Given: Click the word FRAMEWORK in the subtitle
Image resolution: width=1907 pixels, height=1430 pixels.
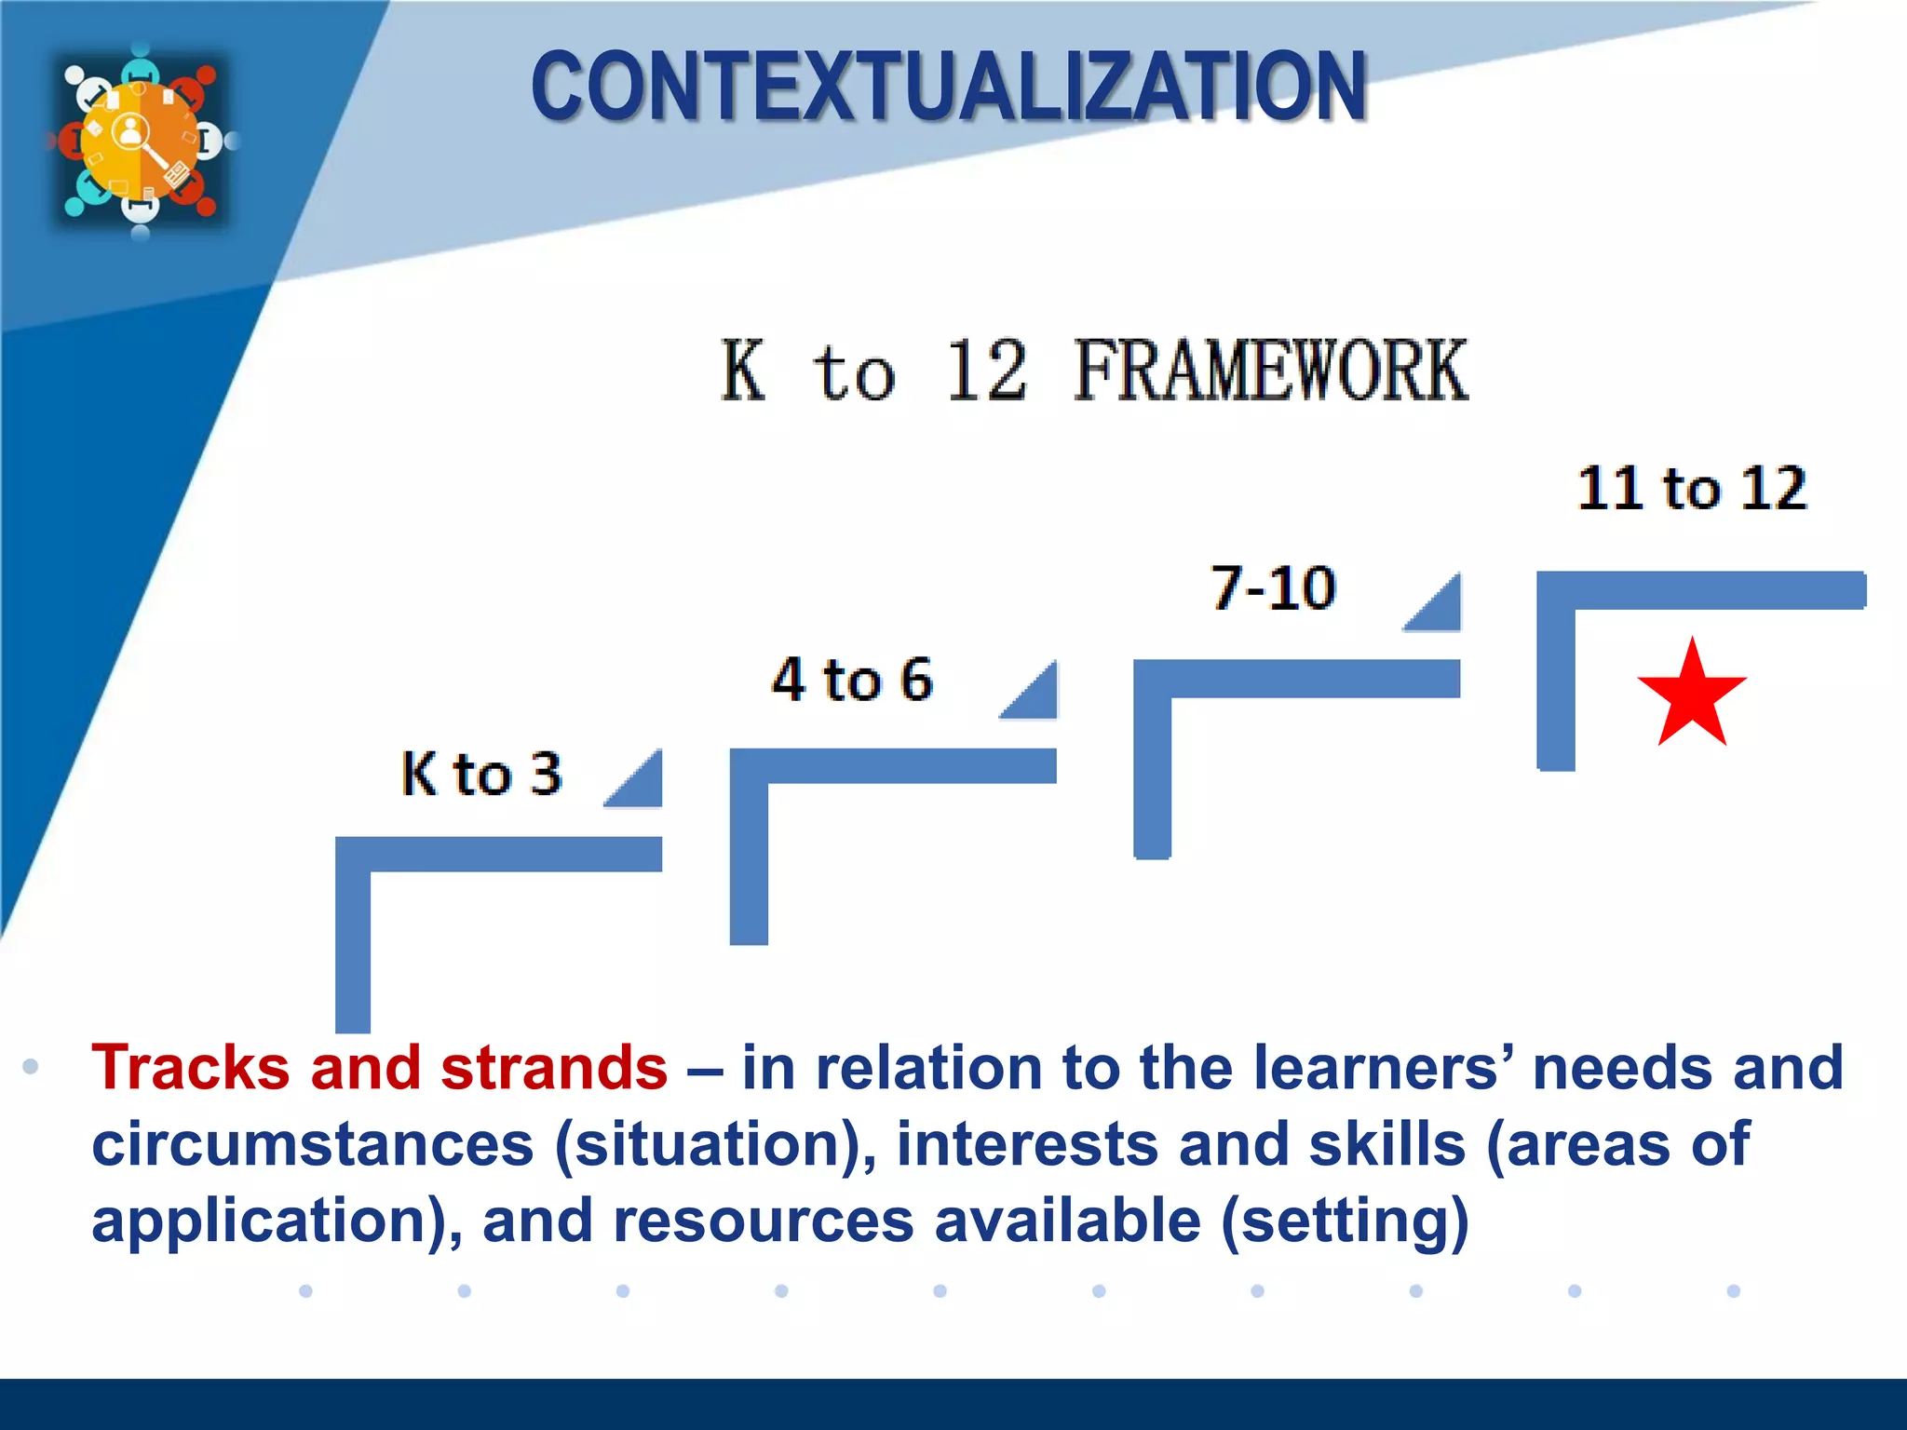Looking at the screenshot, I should tap(1270, 371).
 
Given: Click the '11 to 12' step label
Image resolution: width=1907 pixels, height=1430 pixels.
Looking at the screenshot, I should tap(1692, 488).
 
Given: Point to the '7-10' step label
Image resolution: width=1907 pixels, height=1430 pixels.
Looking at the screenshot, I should tap(1273, 588).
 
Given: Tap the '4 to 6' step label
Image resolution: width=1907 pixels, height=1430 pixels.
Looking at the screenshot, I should tap(852, 679).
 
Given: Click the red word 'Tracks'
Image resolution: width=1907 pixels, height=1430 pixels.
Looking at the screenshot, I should tap(191, 1067).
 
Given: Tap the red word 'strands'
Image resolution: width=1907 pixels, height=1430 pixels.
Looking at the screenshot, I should tap(554, 1067).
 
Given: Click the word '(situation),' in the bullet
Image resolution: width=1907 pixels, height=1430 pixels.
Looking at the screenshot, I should tap(715, 1144).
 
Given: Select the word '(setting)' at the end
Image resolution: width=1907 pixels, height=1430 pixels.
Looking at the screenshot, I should tap(1345, 1221).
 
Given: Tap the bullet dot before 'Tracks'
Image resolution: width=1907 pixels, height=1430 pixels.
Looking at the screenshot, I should tap(31, 1067).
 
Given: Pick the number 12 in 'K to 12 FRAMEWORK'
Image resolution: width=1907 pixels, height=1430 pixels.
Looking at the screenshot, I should tap(986, 371).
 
